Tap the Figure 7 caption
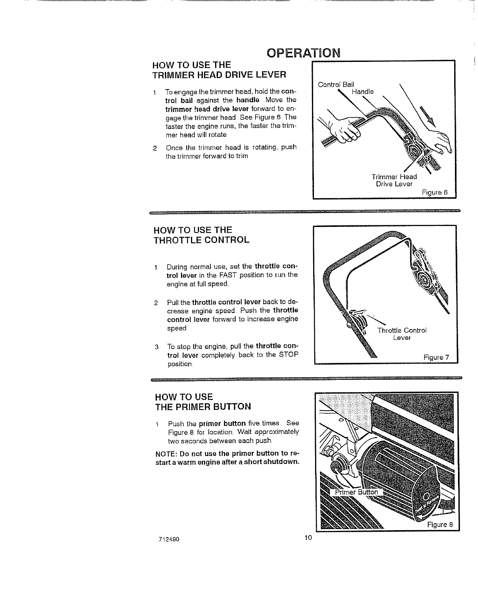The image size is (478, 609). point(436,358)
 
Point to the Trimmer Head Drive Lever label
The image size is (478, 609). point(394,180)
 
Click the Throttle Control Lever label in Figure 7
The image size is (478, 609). point(402,334)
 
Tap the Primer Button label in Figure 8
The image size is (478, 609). point(356,492)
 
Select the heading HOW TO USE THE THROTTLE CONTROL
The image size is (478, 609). point(201,235)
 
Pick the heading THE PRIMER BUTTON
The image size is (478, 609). point(202,406)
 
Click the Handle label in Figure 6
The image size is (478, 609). point(363,92)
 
